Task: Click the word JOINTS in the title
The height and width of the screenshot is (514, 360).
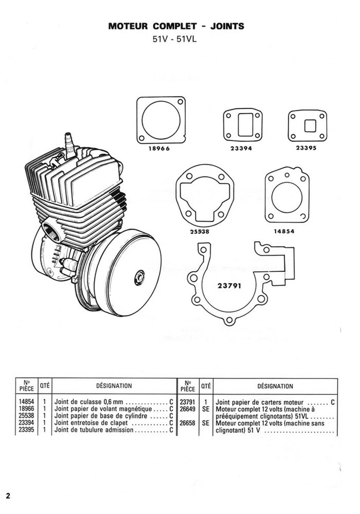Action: point(227,26)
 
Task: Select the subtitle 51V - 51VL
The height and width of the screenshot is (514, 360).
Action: point(175,39)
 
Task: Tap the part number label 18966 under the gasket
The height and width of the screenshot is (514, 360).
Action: point(159,149)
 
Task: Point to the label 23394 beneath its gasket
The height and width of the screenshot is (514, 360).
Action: point(241,148)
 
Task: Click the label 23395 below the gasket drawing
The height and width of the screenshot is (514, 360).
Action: point(306,148)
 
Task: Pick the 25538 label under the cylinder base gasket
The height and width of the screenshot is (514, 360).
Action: point(200,232)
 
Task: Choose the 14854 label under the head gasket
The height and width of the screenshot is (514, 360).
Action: point(284,231)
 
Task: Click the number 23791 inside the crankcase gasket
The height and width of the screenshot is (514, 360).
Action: point(229,286)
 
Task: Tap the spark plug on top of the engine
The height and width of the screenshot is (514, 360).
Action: point(69,145)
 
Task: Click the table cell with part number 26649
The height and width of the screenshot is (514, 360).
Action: point(188,409)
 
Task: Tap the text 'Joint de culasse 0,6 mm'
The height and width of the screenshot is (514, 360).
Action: point(88,402)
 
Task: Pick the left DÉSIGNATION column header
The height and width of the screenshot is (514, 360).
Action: point(114,386)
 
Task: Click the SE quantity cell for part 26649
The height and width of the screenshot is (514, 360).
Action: point(206,409)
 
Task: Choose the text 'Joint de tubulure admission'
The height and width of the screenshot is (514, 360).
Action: point(94,430)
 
